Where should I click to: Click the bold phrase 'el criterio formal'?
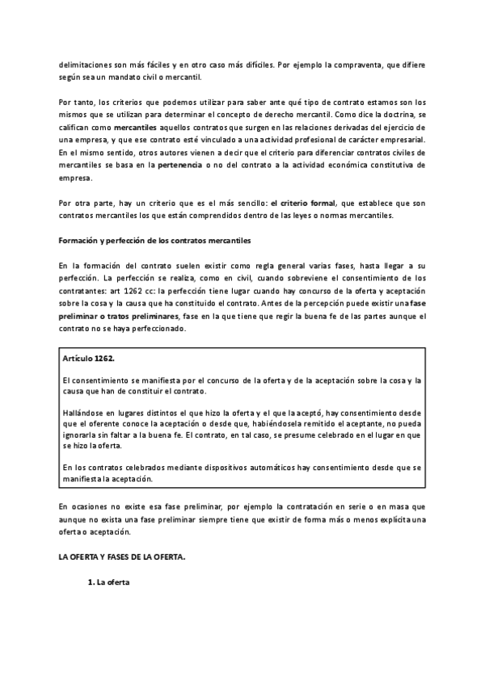click(x=304, y=204)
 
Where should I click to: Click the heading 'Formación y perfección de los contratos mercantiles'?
click(x=155, y=241)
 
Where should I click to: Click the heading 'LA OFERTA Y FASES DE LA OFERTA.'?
click(x=120, y=557)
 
